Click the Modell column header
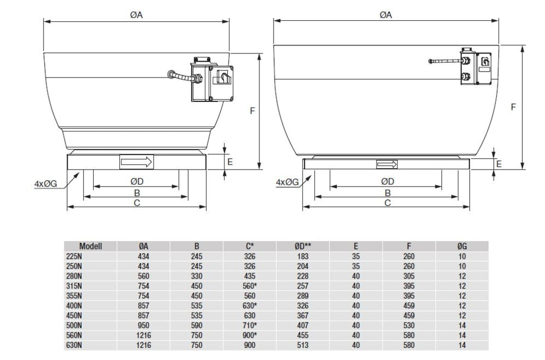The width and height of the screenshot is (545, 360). tap(90, 247)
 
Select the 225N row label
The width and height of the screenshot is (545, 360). tap(74, 256)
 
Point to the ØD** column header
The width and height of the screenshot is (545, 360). tap(304, 247)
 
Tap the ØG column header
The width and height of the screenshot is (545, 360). tap(462, 247)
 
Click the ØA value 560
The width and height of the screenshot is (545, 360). tap(144, 276)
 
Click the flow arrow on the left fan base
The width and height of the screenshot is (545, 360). tap(136, 162)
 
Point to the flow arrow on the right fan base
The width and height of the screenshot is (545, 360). tap(386, 165)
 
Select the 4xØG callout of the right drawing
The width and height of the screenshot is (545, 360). tap(287, 182)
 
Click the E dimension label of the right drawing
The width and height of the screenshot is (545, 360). tap(499, 164)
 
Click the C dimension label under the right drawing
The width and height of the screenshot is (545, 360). tap(387, 203)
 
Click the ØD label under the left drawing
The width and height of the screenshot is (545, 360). tap(136, 181)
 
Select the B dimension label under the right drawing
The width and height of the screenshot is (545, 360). tap(387, 193)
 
